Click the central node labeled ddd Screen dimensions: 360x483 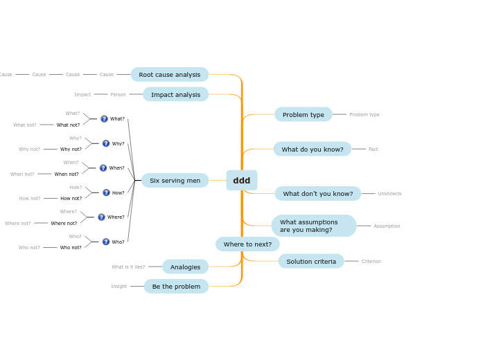point(241,181)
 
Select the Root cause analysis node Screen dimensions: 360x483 point(169,75)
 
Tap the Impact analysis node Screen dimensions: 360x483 point(175,95)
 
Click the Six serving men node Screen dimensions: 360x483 point(175,181)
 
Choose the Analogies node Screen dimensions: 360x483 point(185,267)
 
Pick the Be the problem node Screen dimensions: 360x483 point(176,287)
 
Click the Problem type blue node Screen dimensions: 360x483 point(303,115)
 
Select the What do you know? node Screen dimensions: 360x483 point(312,150)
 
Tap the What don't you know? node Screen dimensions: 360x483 point(317,194)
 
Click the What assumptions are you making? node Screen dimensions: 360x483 point(313,226)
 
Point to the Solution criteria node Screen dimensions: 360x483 point(310,262)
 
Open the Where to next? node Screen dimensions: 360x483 point(247,244)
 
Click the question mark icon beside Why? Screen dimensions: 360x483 point(106,144)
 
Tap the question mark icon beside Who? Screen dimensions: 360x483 point(106,242)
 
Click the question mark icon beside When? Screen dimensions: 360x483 point(103,168)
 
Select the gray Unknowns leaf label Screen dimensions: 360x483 point(389,194)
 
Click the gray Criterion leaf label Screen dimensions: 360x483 point(371,262)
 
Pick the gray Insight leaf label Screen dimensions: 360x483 point(118,287)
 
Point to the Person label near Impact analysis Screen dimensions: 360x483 point(118,95)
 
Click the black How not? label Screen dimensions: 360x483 point(71,199)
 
